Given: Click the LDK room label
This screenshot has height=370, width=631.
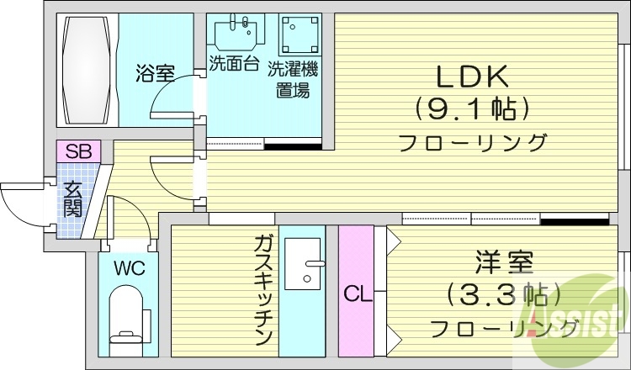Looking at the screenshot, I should (471, 77).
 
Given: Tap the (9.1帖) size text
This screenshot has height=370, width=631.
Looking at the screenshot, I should (471, 109).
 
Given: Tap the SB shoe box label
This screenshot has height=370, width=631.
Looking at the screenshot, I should (78, 152).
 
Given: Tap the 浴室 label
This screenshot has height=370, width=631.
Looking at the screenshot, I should (156, 73).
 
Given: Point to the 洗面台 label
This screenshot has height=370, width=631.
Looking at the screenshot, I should (233, 63).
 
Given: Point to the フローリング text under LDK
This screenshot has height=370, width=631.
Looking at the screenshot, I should (471, 141).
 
